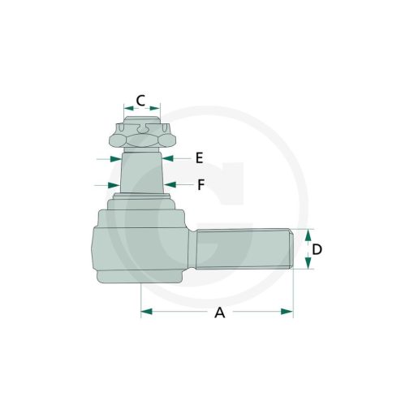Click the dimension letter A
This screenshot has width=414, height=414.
220,313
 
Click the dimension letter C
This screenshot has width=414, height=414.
140,101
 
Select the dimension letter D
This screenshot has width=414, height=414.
317,249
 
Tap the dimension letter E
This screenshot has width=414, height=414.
200,158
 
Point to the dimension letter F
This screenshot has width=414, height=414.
201,185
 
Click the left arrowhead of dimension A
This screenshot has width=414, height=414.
146,312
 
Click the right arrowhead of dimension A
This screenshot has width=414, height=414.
287,312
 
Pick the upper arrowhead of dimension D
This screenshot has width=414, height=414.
308,235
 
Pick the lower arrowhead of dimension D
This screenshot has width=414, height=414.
308,263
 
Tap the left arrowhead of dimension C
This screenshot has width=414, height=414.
129,109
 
